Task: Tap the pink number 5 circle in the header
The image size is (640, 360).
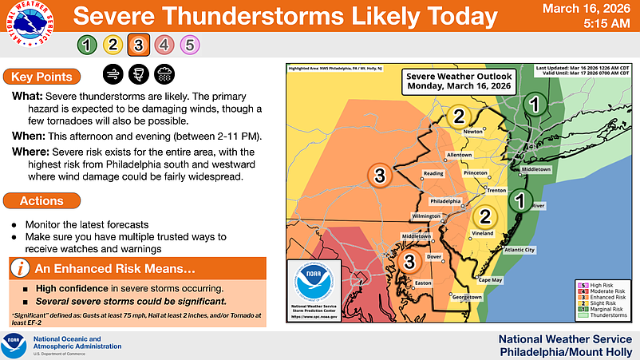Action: point(189,45)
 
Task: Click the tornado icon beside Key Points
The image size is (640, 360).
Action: point(138,76)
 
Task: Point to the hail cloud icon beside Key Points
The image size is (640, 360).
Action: point(165,76)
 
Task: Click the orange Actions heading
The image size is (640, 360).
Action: point(41,201)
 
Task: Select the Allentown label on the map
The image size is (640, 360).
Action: point(460,153)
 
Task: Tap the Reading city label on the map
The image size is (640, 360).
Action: point(433,173)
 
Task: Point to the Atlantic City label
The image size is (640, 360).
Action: point(520,250)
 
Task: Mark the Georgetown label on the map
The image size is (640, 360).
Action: point(467,297)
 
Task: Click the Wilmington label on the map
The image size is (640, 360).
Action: point(425,216)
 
